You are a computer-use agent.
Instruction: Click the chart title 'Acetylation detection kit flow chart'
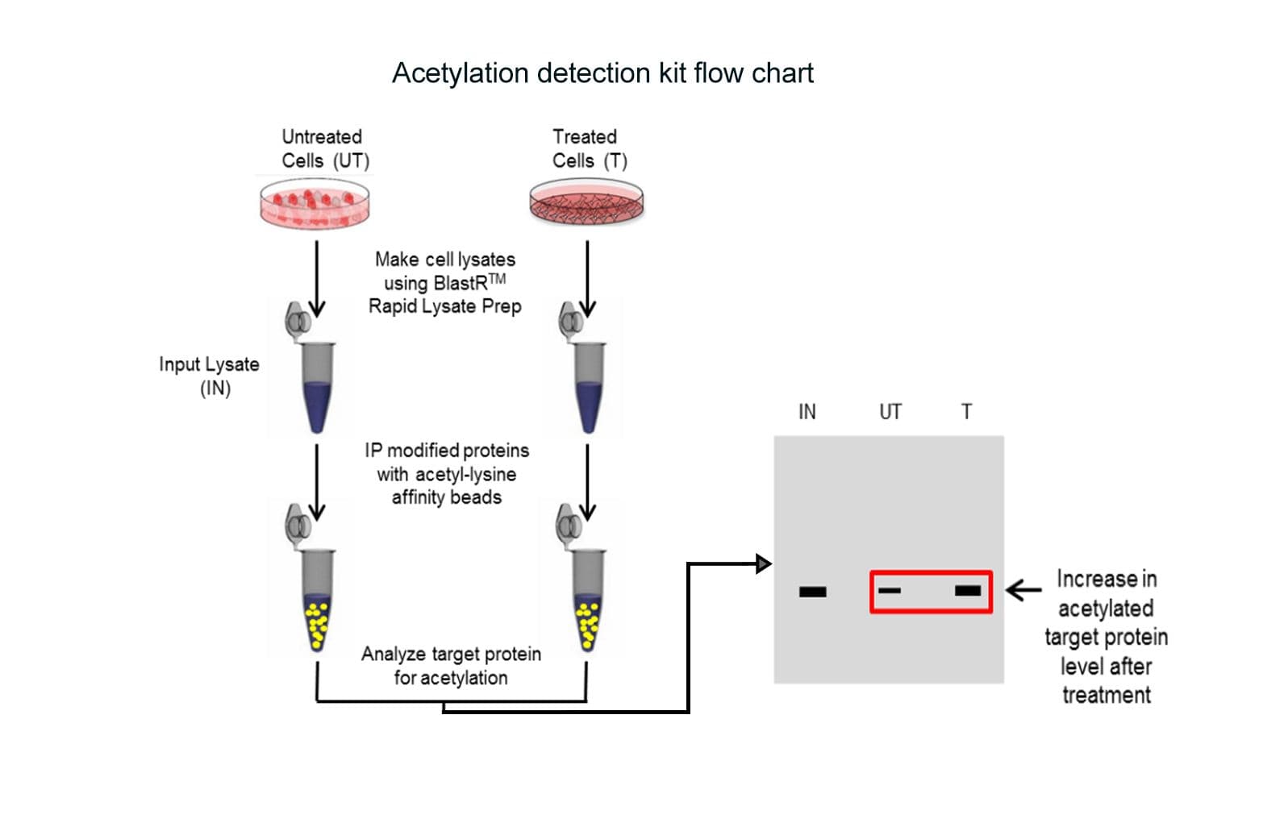[602, 73]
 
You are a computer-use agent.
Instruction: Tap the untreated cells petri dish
[315, 204]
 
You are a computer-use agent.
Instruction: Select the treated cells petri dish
[586, 202]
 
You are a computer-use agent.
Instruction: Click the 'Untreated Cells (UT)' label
[325, 148]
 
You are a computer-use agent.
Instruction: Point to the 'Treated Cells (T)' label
[589, 148]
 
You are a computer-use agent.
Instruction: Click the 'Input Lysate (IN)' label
[210, 376]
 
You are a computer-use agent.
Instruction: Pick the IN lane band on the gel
[812, 592]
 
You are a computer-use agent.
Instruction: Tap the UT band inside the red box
[889, 591]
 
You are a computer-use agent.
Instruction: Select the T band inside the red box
[968, 591]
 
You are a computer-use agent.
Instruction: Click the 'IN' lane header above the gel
[807, 412]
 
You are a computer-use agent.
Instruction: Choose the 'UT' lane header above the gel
[890, 412]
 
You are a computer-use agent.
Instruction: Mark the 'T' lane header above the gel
[966, 412]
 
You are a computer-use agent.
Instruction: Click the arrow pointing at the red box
[1024, 590]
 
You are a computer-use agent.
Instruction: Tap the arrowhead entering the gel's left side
[764, 563]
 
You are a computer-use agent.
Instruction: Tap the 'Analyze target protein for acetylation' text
[451, 666]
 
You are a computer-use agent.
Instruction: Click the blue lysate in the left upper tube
[318, 403]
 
